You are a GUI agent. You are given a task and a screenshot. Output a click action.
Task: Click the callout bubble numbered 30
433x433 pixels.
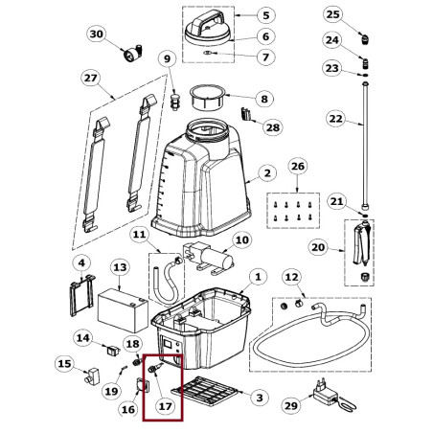(x=97, y=34)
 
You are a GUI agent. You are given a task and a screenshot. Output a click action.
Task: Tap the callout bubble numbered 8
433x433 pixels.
(x=264, y=99)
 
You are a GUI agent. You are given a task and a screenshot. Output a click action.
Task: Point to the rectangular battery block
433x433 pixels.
(x=123, y=310)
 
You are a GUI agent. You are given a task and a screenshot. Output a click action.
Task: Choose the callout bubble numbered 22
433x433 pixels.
(x=336, y=119)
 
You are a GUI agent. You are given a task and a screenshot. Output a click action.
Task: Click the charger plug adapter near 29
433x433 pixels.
(x=325, y=394)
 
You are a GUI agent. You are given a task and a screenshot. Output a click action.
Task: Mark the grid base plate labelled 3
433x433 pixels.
(x=205, y=391)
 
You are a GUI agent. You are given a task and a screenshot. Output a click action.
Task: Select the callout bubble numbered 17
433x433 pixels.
(x=165, y=406)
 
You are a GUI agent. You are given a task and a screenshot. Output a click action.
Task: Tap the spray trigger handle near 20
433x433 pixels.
(x=361, y=243)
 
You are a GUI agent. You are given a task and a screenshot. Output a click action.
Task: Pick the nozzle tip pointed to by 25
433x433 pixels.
(x=365, y=38)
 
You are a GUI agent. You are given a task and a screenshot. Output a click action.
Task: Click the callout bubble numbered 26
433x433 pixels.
(x=298, y=167)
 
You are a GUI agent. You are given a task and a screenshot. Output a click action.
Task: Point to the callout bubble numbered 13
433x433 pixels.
(x=120, y=267)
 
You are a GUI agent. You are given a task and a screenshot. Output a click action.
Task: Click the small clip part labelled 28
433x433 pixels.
(x=245, y=114)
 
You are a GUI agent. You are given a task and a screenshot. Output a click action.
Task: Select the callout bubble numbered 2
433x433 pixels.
(x=267, y=173)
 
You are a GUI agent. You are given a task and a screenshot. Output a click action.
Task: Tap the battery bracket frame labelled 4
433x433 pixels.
(x=81, y=295)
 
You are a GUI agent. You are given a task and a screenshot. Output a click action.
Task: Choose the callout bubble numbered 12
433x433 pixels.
(x=291, y=277)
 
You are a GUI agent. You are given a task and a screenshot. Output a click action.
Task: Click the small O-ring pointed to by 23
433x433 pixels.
(x=366, y=75)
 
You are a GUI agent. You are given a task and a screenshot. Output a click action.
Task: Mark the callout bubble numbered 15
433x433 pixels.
(x=64, y=364)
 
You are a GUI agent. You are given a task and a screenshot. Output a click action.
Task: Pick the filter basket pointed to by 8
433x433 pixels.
(x=208, y=98)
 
